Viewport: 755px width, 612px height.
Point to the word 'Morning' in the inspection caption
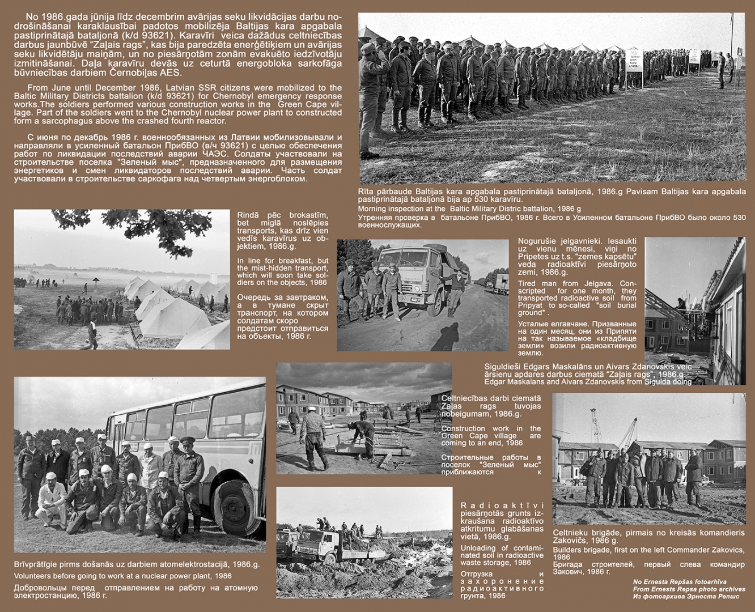pyautogui.click(x=372, y=209)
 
